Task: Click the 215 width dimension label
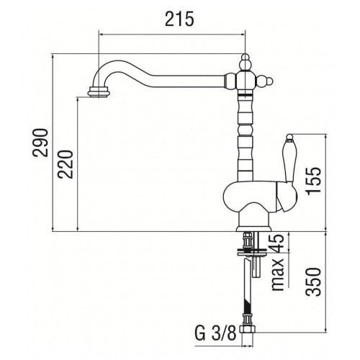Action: (x=179, y=19)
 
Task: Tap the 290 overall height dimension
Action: (x=40, y=143)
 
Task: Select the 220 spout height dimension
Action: (x=65, y=164)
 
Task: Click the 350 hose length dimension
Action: (x=313, y=282)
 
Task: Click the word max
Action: (x=277, y=274)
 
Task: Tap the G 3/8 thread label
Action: (x=215, y=333)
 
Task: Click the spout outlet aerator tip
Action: (x=99, y=91)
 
